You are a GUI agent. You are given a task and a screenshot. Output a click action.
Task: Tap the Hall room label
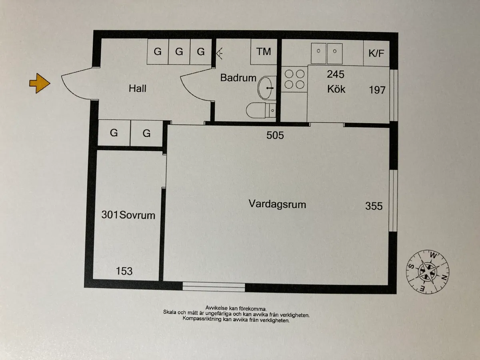(137, 88)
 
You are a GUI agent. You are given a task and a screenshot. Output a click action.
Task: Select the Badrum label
(238, 78)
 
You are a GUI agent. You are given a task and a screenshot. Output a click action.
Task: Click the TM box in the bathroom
(264, 52)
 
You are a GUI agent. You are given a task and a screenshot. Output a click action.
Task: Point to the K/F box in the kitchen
(376, 53)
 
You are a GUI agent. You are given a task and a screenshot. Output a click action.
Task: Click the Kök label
(336, 88)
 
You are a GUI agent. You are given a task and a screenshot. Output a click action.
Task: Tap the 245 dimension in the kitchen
(336, 74)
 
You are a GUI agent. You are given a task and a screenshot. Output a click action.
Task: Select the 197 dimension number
(377, 90)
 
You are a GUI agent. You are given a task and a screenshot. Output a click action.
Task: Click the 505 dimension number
(275, 135)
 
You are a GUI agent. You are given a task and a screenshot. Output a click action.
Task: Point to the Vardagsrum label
(277, 204)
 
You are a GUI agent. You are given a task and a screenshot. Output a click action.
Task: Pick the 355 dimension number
(374, 206)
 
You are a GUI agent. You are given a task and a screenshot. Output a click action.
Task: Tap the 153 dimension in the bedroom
(124, 271)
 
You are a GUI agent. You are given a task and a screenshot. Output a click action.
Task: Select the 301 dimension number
(110, 215)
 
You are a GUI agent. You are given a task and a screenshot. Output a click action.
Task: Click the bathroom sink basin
(265, 88)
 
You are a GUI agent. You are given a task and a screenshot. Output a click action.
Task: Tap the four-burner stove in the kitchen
(294, 79)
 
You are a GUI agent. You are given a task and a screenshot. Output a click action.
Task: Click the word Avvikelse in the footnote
(216, 307)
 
